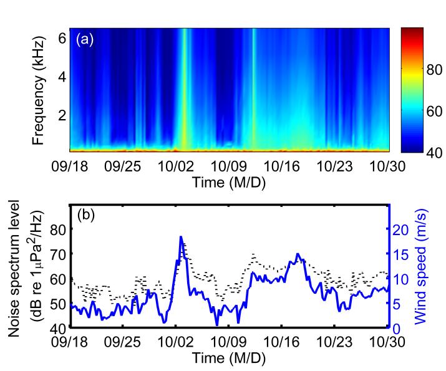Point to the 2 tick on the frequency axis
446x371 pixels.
pyautogui.click(x=62, y=115)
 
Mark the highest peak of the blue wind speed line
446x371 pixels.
pyautogui.click(x=181, y=237)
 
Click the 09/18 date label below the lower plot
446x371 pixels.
pyautogui.click(x=70, y=343)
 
